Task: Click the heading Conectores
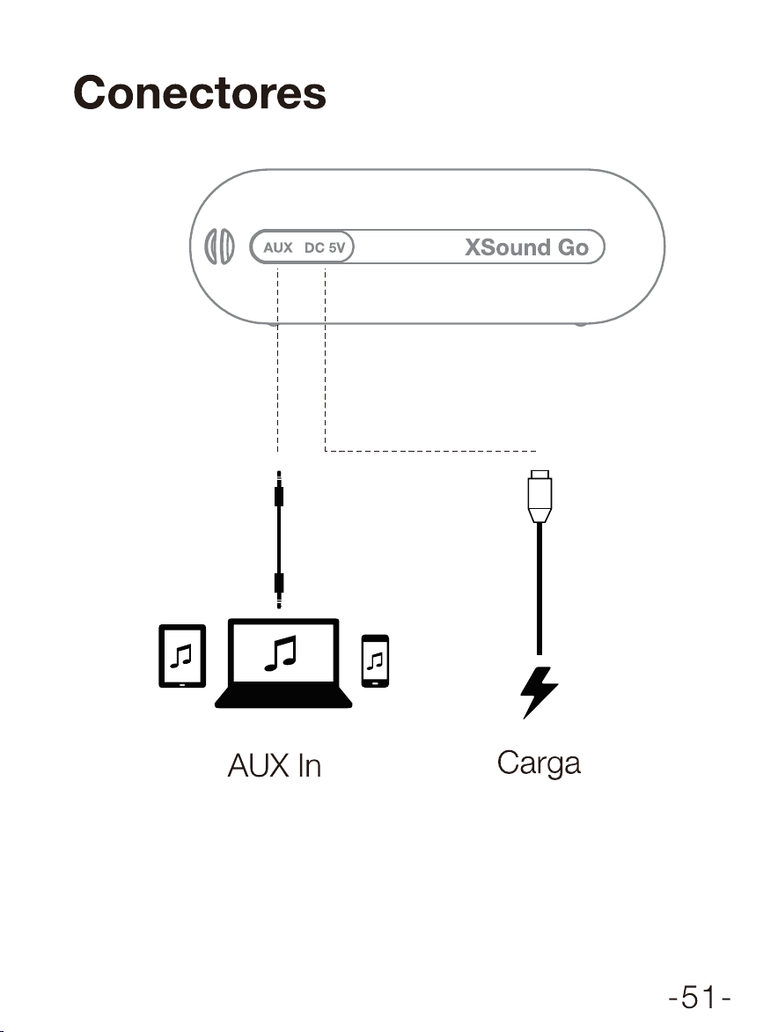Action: pos(199,92)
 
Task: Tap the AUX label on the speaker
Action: pos(278,247)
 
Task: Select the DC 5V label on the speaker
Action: pos(325,247)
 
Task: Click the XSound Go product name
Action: pos(527,247)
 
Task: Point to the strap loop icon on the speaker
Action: pos(220,247)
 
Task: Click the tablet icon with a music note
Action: pos(182,655)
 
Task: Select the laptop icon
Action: pos(283,663)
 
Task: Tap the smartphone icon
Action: pos(375,660)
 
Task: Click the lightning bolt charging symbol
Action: pos(539,692)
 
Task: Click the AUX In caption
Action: pos(275,765)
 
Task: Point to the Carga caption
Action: pos(539,763)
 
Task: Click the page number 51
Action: pos(700,997)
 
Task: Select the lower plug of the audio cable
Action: pos(279,590)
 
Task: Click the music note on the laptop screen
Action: pos(281,652)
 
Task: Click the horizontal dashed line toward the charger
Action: pos(430,451)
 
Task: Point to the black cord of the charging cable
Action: pos(539,588)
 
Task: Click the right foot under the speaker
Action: pos(580,324)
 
